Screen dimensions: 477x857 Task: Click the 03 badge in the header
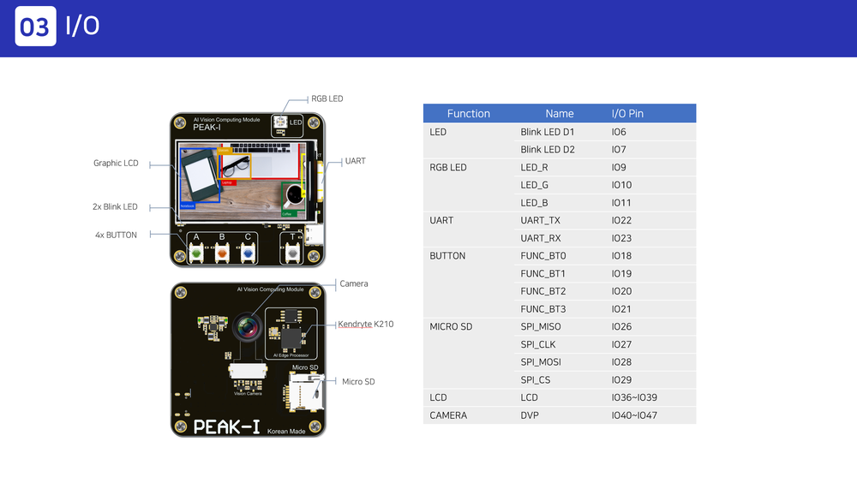click(35, 27)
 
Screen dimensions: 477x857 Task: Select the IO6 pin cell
click(619, 132)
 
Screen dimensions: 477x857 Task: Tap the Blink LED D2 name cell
click(547, 150)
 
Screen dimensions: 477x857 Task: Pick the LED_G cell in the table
click(534, 185)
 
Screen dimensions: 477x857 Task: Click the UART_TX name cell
click(540, 220)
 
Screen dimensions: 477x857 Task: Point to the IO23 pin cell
click(621, 238)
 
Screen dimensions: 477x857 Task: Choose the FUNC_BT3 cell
click(542, 309)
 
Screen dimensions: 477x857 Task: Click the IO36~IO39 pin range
click(634, 397)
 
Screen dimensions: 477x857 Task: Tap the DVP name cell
click(530, 415)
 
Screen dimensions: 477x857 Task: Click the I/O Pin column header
click(627, 113)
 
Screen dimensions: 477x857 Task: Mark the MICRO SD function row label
click(450, 326)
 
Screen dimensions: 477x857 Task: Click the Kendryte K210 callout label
click(365, 325)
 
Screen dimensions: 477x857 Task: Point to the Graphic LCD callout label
click(116, 163)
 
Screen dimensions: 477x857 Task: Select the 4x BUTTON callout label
click(116, 235)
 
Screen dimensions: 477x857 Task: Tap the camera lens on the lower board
click(246, 326)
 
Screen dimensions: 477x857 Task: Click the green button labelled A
click(196, 253)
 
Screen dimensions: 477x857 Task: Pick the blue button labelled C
click(248, 253)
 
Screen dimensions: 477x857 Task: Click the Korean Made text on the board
click(287, 431)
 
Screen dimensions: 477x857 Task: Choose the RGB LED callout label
click(327, 98)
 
